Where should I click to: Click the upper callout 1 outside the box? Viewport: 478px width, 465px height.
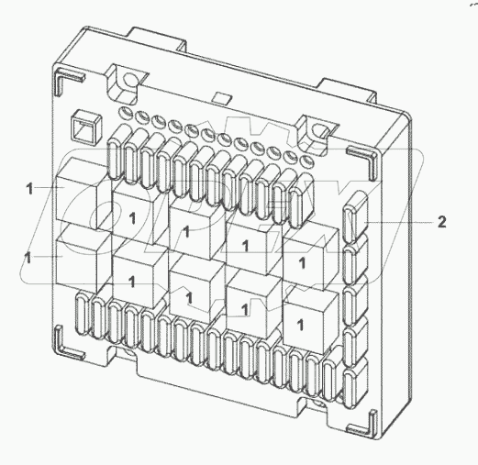click(x=29, y=188)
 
